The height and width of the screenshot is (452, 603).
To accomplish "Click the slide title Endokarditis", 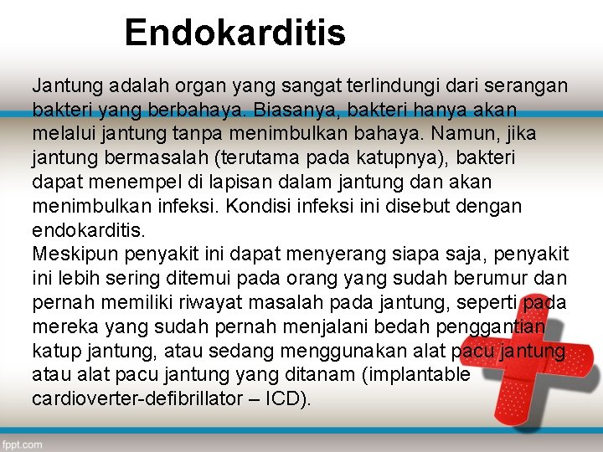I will pos(234,33).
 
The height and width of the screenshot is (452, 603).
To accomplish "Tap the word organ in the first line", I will pos(190,85).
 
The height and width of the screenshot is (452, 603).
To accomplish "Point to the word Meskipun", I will pos(70,254).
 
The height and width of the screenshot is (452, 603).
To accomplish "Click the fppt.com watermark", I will pos(23,444).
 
